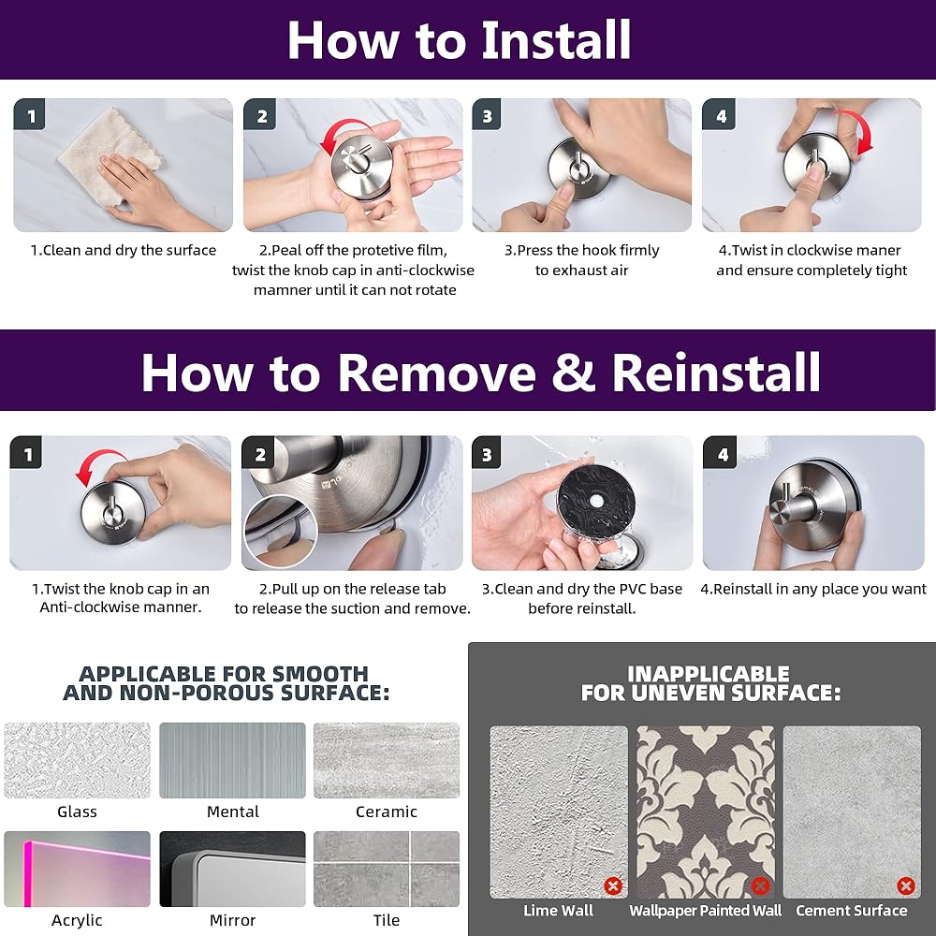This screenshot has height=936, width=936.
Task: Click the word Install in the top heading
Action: pyautogui.click(x=556, y=40)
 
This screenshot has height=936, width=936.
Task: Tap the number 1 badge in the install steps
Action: pyautogui.click(x=29, y=114)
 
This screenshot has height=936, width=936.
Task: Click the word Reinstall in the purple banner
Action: pyautogui.click(x=716, y=373)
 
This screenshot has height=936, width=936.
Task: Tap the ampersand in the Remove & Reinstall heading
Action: pyautogui.click(x=573, y=373)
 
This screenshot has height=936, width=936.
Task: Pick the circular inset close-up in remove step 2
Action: pyautogui.click(x=281, y=531)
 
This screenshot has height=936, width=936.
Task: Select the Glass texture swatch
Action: pyautogui.click(x=77, y=760)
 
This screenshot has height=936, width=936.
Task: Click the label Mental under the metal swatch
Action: pyautogui.click(x=233, y=812)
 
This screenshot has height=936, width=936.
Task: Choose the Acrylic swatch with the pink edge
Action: pyautogui.click(x=77, y=870)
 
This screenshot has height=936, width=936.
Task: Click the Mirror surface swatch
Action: pyautogui.click(x=232, y=870)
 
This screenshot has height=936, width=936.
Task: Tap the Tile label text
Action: pyautogui.click(x=387, y=920)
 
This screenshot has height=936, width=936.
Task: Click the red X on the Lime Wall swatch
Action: pyautogui.click(x=612, y=885)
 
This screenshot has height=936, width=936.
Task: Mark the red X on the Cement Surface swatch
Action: pyautogui.click(x=905, y=885)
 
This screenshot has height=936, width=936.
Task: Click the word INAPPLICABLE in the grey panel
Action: pyautogui.click(x=709, y=674)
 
